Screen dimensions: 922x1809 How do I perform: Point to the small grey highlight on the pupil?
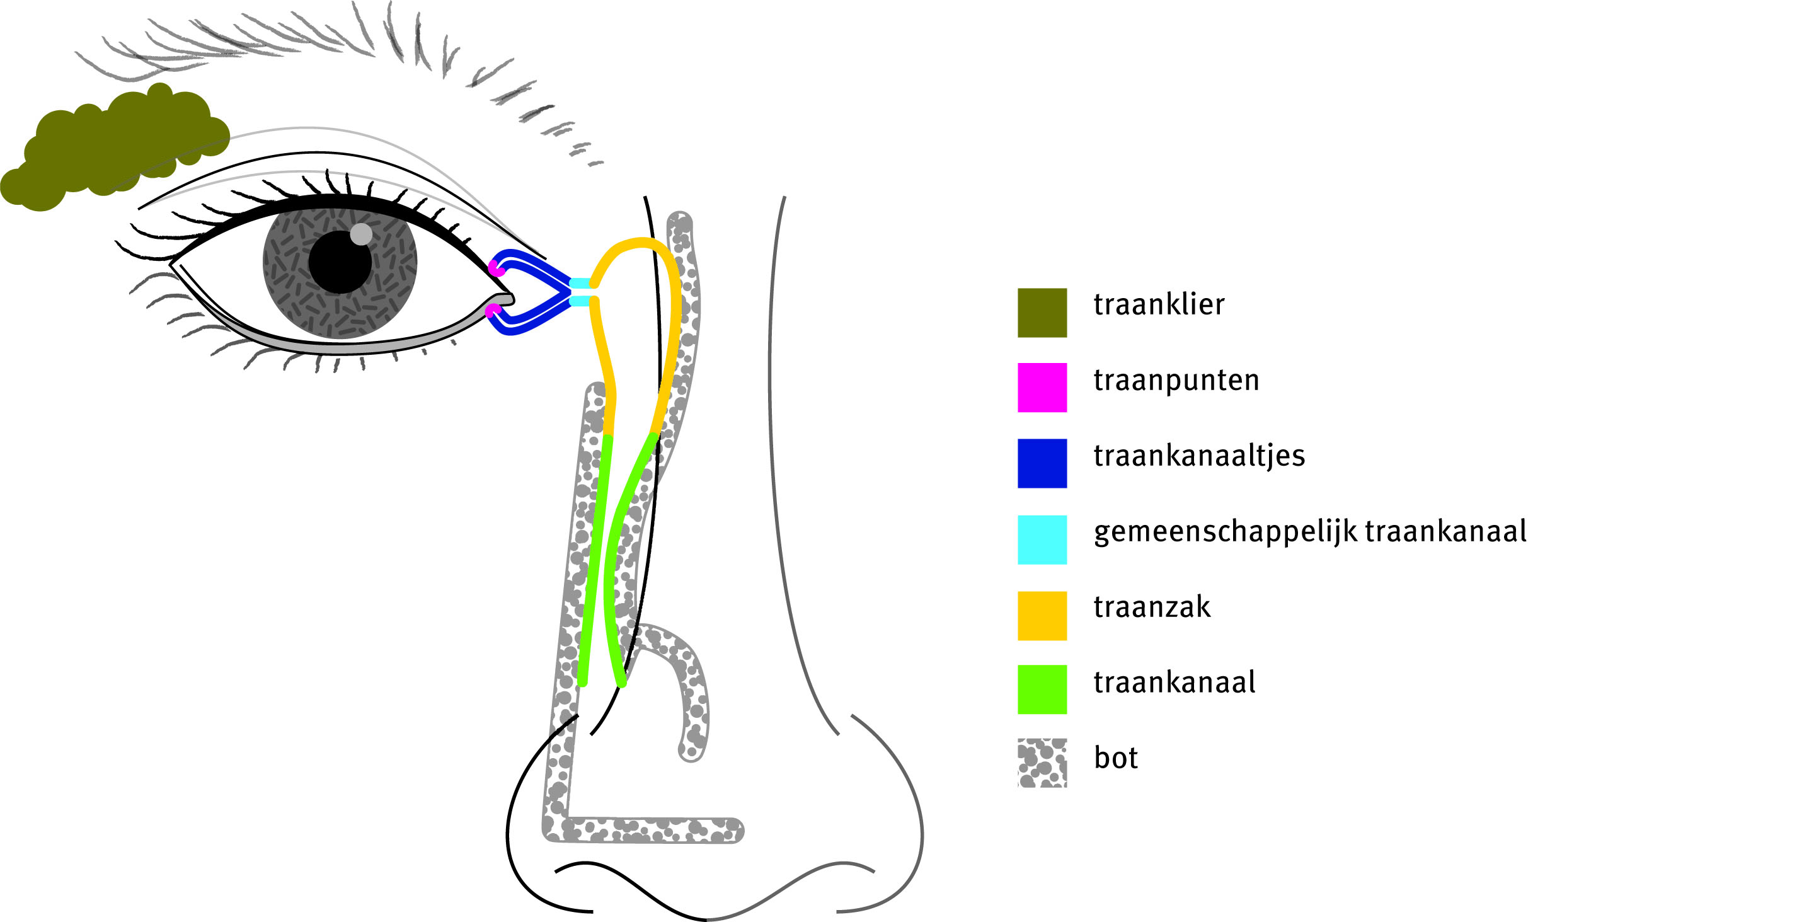coord(361,234)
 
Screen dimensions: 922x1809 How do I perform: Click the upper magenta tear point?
coord(496,268)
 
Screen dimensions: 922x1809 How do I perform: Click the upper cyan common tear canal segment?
coord(580,283)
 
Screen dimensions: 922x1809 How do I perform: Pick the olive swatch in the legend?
coord(1042,313)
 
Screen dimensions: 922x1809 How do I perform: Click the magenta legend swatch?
coord(1042,388)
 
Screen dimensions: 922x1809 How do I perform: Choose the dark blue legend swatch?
coord(1042,463)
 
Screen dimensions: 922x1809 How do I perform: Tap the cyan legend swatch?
coord(1042,539)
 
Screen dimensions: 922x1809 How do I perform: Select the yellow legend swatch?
coord(1042,616)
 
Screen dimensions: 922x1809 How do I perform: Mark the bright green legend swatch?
coord(1042,689)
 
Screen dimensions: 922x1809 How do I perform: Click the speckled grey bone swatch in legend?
coord(1042,763)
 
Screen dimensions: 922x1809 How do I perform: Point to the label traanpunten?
coord(1176,381)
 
